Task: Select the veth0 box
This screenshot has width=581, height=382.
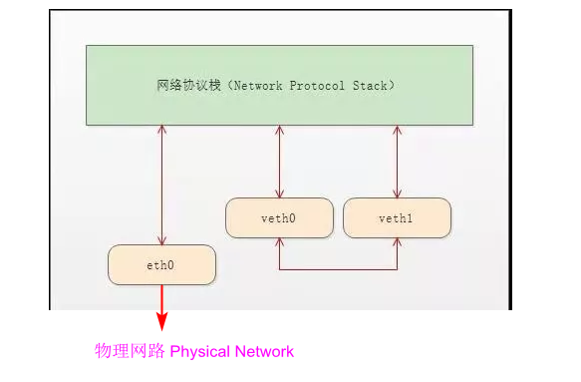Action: coord(279,217)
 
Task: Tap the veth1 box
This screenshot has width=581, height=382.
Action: coord(397,217)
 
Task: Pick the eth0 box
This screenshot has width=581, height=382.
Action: coord(161,264)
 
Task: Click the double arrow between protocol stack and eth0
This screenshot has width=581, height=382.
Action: coord(161,185)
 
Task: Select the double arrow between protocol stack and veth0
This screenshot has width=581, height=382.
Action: coord(279,162)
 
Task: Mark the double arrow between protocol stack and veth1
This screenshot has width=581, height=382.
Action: coord(397,162)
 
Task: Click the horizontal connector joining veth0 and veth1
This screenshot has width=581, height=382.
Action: coord(338,269)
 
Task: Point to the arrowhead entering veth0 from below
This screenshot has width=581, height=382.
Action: coord(279,242)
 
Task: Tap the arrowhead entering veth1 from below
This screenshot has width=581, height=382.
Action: coord(397,242)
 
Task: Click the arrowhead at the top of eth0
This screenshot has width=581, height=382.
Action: coord(161,240)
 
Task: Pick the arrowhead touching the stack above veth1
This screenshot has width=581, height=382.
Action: coord(397,130)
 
